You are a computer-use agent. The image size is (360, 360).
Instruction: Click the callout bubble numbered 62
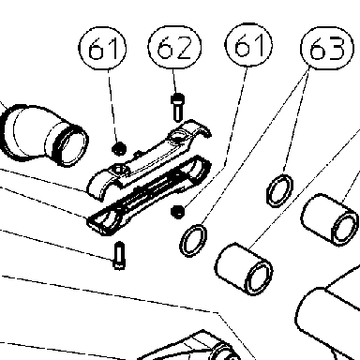[x=174, y=47]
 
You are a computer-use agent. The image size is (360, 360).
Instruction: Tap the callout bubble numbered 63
[x=327, y=48]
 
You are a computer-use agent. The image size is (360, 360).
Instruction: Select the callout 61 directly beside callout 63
[x=248, y=45]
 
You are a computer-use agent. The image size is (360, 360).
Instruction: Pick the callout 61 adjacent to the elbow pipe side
[x=102, y=48]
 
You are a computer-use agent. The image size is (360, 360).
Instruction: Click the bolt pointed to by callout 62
[x=177, y=107]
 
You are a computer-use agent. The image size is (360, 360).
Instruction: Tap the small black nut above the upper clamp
[x=119, y=148]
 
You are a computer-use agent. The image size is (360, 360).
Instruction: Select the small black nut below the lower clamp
[x=178, y=212]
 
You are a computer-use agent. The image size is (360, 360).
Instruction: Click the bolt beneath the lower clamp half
[x=119, y=256]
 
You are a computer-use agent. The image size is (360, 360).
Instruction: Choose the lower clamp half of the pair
[x=149, y=195]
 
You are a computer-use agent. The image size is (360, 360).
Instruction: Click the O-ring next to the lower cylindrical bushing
[x=193, y=240]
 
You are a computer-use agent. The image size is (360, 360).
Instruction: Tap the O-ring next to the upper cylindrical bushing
[x=279, y=190]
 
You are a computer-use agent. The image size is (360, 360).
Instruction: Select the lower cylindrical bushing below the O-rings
[x=244, y=269]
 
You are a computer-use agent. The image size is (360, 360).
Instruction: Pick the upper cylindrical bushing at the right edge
[x=330, y=219]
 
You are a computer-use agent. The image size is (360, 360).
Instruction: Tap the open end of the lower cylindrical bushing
[x=259, y=277]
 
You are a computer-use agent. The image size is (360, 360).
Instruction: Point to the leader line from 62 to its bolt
[x=175, y=82]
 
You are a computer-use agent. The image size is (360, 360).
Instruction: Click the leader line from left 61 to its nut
[x=113, y=106]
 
